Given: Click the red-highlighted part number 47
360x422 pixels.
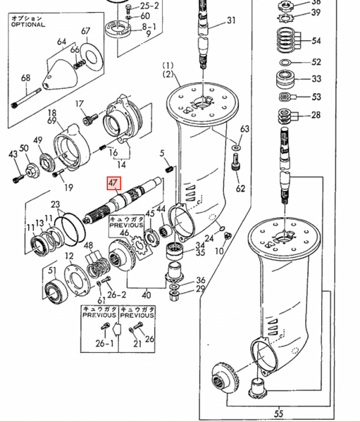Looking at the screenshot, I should (x=113, y=183).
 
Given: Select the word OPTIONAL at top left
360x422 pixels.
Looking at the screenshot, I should (x=27, y=24).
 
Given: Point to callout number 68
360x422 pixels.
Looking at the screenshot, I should (x=25, y=77).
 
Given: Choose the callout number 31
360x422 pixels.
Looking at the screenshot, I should (x=232, y=21).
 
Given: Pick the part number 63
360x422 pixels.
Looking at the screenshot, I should (x=244, y=129).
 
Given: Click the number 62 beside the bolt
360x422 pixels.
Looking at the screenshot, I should (x=240, y=189).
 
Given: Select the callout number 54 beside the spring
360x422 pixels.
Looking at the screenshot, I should (x=316, y=41).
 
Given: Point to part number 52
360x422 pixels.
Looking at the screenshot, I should (x=316, y=62).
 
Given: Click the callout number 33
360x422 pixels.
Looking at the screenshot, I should (x=316, y=79).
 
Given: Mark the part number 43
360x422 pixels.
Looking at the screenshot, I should (x=12, y=154).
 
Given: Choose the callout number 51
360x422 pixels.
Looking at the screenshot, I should (x=51, y=271).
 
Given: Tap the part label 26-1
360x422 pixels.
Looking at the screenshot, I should (x=105, y=344).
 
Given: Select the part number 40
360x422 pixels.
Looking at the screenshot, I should (x=147, y=294).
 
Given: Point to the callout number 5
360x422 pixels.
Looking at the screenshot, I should (x=162, y=153).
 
